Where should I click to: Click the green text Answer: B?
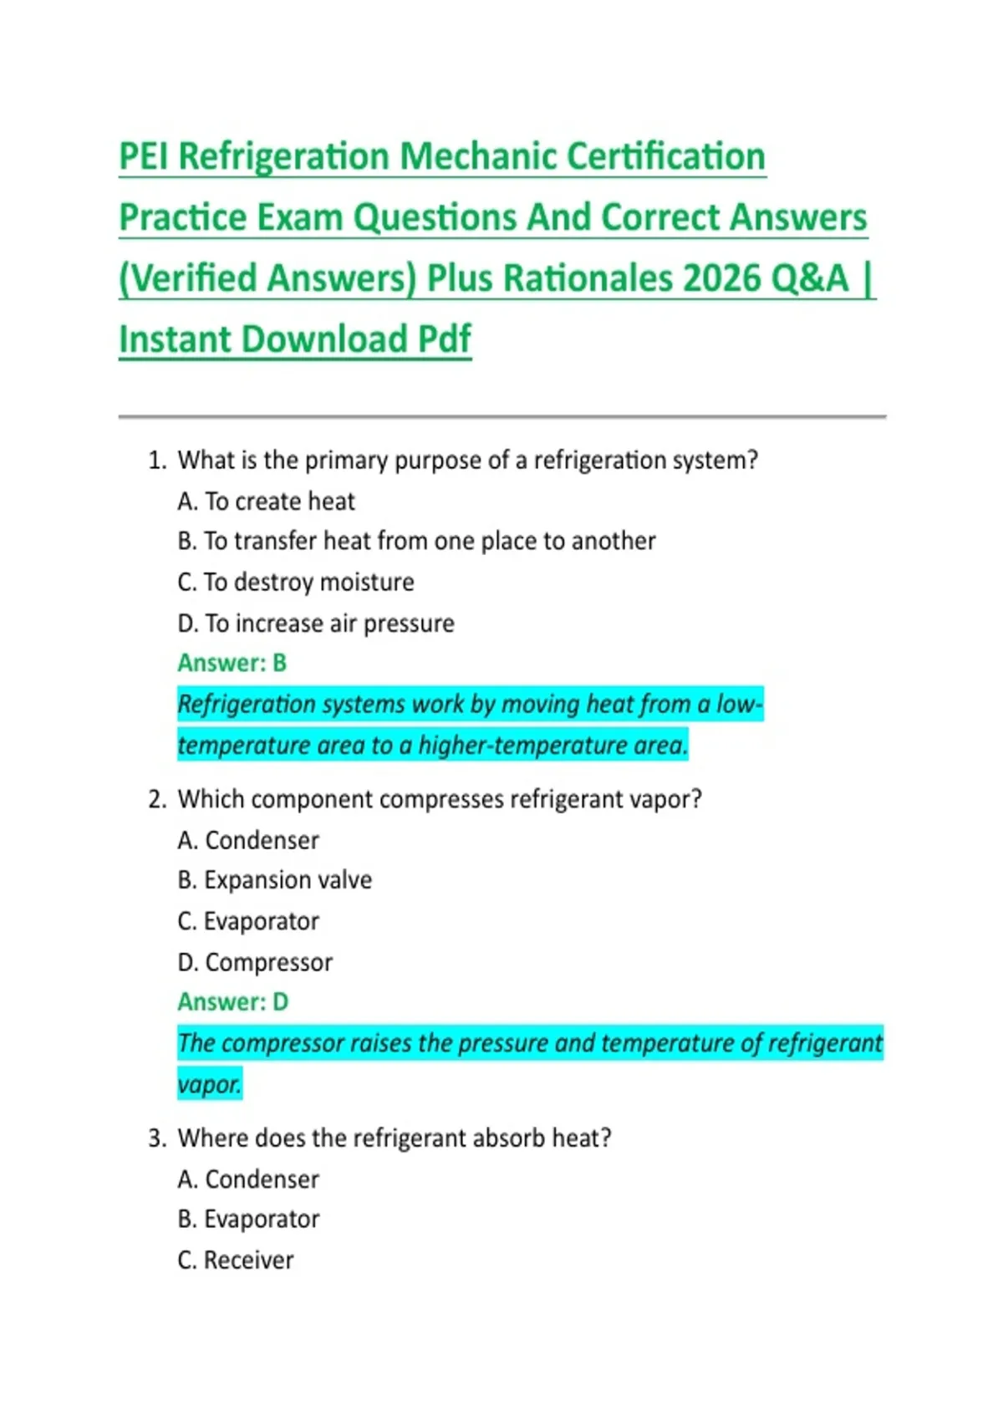click(x=232, y=663)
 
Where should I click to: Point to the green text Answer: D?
click(x=232, y=1001)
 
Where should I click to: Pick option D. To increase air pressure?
click(x=315, y=624)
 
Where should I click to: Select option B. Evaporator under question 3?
click(x=248, y=1220)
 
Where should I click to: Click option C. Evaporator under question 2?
click(x=248, y=921)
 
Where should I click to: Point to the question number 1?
click(x=156, y=461)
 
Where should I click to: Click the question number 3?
click(x=156, y=1138)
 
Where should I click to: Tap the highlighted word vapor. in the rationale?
click(x=209, y=1084)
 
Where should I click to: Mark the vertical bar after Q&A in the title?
click(x=868, y=278)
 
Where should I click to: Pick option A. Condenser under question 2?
click(x=248, y=840)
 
